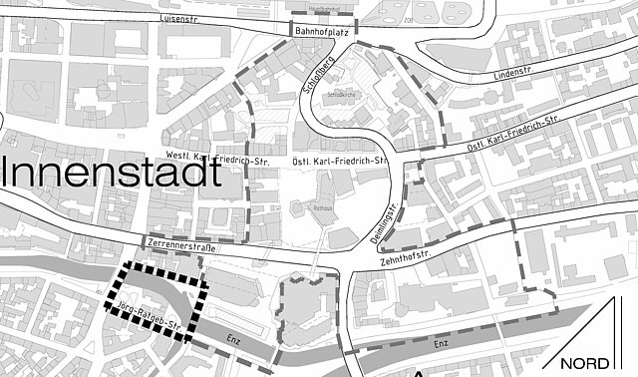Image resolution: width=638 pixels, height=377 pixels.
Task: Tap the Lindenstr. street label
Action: click(x=514, y=75)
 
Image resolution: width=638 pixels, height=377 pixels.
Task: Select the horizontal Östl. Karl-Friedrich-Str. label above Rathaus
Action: click(x=337, y=160)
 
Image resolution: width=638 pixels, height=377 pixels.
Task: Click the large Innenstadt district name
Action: click(x=111, y=172)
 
